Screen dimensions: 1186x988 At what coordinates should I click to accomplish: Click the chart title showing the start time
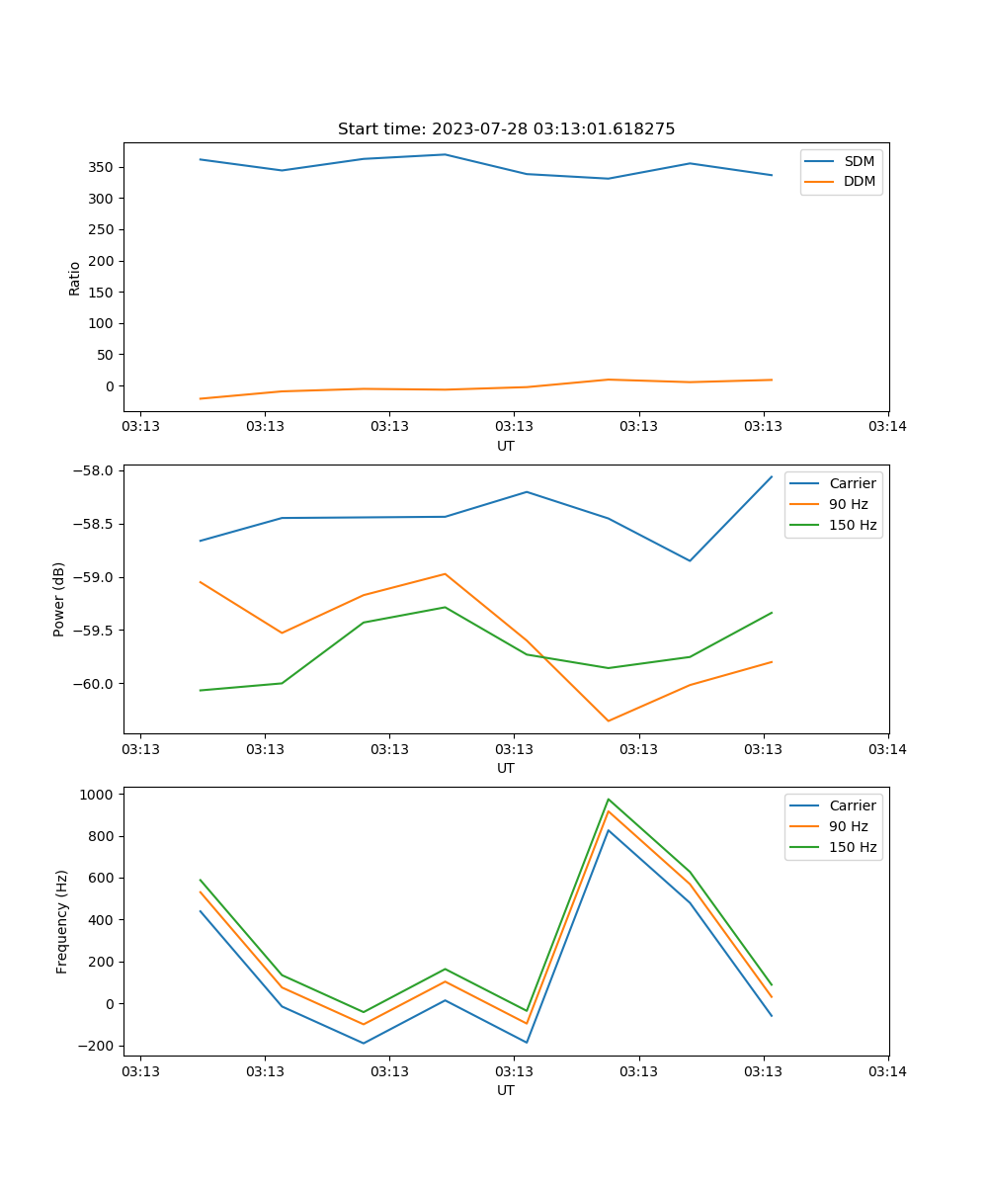[506, 129]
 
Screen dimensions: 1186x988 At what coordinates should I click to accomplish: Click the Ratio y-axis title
[75, 278]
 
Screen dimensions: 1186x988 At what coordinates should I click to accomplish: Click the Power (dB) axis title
[59, 599]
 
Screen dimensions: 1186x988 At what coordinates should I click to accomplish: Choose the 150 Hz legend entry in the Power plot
[853, 525]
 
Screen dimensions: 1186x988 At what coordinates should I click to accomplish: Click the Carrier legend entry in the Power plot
[852, 483]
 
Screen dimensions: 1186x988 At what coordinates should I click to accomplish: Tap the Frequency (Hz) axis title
[62, 921]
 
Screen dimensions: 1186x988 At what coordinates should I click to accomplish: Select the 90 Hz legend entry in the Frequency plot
[848, 826]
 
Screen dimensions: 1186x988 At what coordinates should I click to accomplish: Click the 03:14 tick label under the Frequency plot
[887, 1071]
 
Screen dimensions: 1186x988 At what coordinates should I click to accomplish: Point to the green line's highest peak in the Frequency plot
[609, 799]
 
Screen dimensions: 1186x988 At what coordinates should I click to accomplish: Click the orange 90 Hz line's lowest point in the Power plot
[609, 720]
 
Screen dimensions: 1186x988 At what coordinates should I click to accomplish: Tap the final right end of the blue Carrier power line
[772, 476]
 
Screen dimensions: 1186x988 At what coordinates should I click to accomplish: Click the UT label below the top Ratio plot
[506, 446]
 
